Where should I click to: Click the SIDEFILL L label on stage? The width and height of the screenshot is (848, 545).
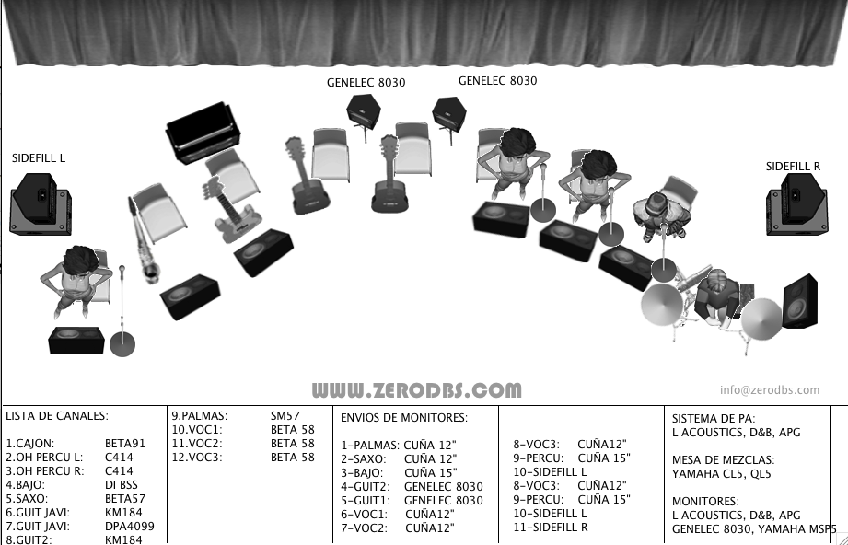coord(39,157)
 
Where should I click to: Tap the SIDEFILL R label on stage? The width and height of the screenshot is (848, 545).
coord(793,167)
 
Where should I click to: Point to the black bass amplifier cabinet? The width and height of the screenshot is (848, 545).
coord(203,132)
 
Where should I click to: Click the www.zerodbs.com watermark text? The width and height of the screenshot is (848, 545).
coord(416,389)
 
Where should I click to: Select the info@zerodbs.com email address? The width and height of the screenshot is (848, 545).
coord(769,389)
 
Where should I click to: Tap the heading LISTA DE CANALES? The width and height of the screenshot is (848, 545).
coord(57,416)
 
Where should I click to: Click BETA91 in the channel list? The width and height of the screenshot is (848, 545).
coord(125,444)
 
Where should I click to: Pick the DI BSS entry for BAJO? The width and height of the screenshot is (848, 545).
coord(122,484)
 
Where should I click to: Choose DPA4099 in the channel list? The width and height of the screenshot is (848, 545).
coord(129,526)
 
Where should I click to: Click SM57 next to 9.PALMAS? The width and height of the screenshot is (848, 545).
coord(285,416)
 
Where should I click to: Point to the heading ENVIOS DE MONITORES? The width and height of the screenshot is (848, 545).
coord(404,417)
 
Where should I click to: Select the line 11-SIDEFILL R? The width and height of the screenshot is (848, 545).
coord(550,528)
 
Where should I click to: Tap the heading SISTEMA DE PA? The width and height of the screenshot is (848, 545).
coord(714,419)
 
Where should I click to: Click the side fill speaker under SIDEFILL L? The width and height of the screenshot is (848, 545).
coord(41,203)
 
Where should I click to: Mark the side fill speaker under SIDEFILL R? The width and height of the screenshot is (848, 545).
coord(796,204)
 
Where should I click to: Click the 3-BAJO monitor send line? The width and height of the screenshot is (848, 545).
coord(399,472)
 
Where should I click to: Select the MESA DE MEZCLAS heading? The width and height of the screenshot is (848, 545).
coord(723,459)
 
